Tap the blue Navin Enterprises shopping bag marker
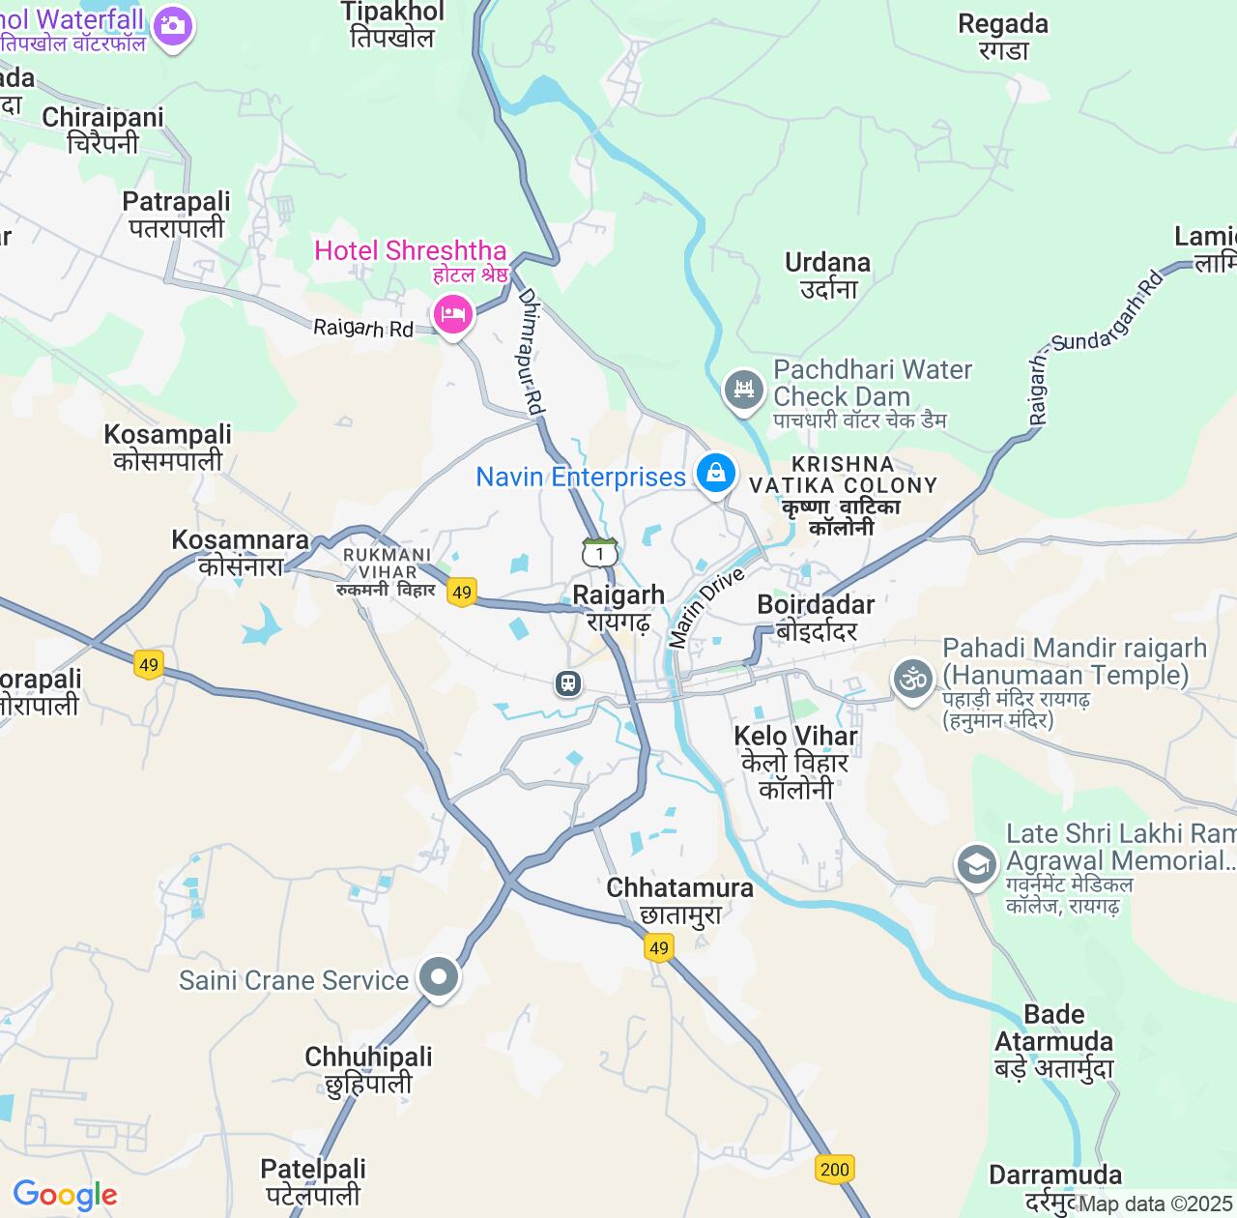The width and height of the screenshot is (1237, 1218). pos(716,473)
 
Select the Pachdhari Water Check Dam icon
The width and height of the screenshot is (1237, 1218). pos(743,389)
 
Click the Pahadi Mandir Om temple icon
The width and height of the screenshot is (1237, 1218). pos(912,679)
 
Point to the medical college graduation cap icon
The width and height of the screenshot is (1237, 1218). pos(976,864)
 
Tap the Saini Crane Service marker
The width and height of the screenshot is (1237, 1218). pos(439,977)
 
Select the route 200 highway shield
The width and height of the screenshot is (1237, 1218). pos(834,1169)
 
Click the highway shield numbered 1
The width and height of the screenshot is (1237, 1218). pos(600,553)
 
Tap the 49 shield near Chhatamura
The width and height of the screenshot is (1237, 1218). pos(659,948)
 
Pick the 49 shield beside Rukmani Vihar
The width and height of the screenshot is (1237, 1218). pos(462,593)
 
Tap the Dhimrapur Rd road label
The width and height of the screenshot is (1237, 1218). pos(531,352)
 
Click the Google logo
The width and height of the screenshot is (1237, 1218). pos(65,1195)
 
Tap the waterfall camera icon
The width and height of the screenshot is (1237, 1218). pos(173,26)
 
